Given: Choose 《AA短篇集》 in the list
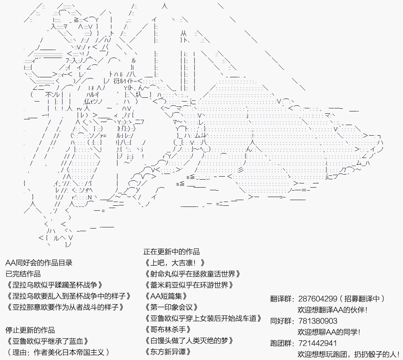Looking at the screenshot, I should point(166,296).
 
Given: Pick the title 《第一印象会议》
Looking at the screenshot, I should point(171,307).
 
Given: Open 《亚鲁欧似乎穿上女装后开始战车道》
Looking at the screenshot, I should point(203,318).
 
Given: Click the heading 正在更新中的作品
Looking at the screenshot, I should point(171,252).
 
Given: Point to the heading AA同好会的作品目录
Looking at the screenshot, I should point(39,263).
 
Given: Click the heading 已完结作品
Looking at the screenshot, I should point(23,274).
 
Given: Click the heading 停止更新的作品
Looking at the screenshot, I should point(30,330).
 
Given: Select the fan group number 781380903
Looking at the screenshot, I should point(317,321).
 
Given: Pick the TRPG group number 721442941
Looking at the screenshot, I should point(317,344).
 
